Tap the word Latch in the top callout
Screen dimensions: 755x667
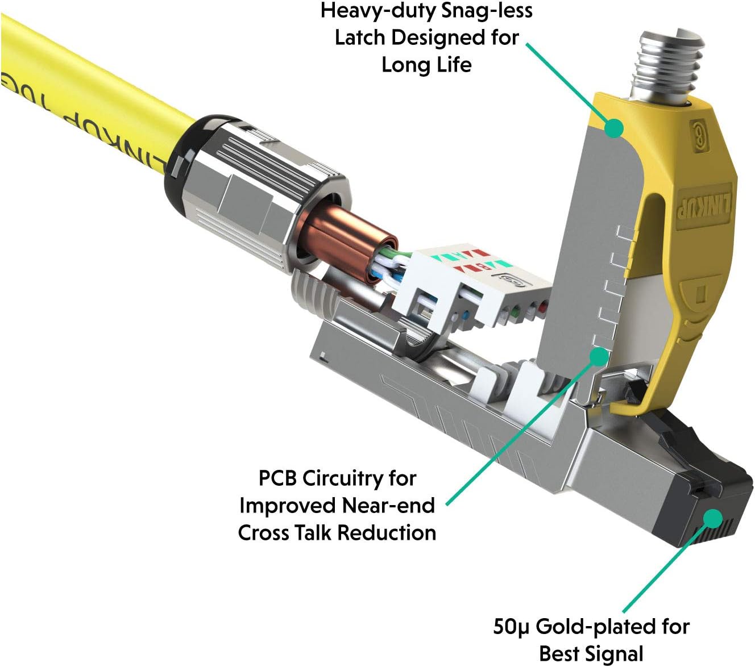click(x=360, y=38)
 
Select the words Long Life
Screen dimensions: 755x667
click(x=427, y=65)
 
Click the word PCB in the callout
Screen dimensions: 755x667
click(x=277, y=478)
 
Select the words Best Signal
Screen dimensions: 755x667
click(x=591, y=654)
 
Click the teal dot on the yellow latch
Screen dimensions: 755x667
click(x=613, y=128)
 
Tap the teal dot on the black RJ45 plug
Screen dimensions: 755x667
click(x=712, y=518)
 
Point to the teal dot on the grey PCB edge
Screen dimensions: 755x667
click(x=599, y=356)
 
